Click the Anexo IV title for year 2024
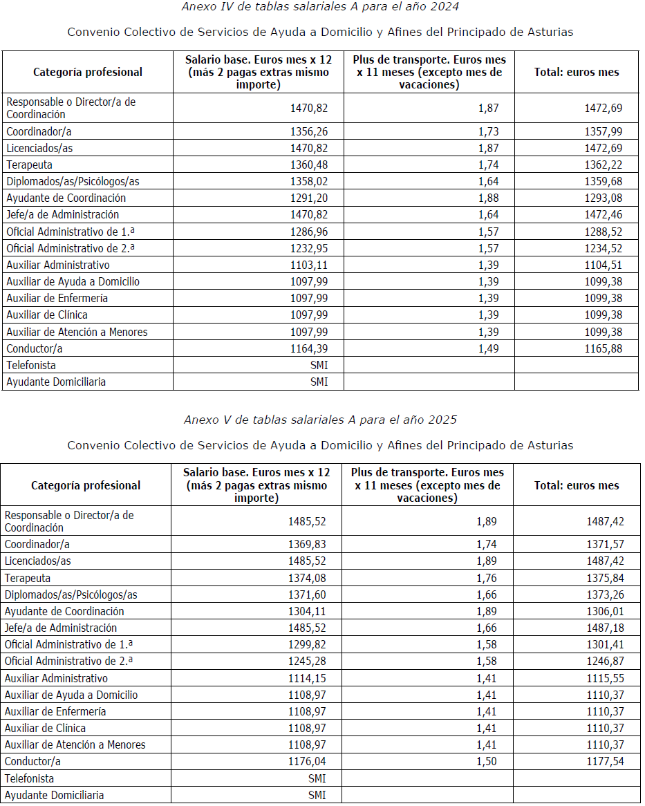tap(320, 7)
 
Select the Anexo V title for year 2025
tap(320, 420)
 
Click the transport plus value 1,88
tap(488, 198)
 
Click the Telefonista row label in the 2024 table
tap(31, 365)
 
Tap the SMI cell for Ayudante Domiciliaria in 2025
tap(317, 795)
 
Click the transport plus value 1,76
tap(486, 578)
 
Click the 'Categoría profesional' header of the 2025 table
tap(86, 486)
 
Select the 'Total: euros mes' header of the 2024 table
tap(577, 72)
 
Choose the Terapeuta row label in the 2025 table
tap(28, 578)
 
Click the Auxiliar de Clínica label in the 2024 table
tap(47, 315)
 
